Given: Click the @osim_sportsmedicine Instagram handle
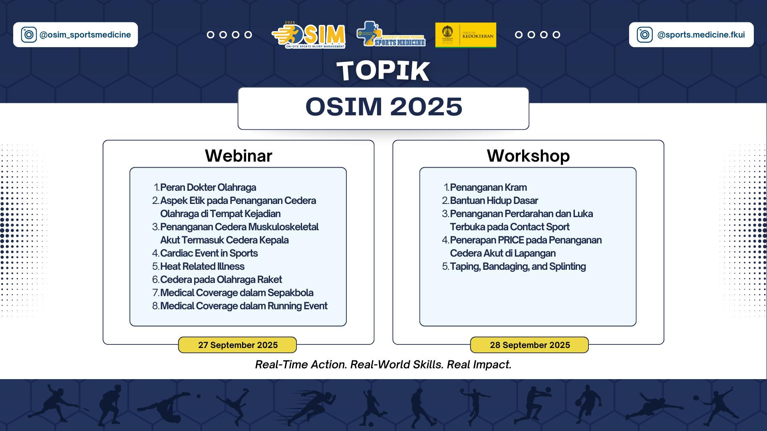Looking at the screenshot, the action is pos(85,35).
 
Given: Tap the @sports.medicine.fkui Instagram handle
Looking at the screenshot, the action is pos(701,35).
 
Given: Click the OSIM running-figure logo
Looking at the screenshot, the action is pos(308,35).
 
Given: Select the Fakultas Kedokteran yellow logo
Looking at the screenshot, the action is pos(466,35).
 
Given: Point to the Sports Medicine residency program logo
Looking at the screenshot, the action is pos(391,34).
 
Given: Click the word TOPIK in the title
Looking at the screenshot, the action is pos(383,71).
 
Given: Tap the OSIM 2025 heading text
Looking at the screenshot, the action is pos(383,107).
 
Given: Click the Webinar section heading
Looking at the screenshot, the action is pos(238,156).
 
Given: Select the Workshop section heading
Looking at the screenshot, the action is pos(528,156).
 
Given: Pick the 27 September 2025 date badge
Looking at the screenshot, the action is pos(238,345).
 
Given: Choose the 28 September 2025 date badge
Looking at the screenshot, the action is pos(529,345).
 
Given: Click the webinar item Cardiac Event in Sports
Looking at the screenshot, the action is pos(209,253).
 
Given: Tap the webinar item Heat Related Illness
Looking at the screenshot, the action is pos(202,266).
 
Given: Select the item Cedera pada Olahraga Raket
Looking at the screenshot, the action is pos(221,279).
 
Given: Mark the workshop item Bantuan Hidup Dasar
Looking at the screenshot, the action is pos(494,200).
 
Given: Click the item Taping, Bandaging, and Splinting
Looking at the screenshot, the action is pos(518,266).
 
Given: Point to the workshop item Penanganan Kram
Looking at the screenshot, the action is pos(488,187).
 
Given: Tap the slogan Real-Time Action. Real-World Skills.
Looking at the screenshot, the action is pos(350,364).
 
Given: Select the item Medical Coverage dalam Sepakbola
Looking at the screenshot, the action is pos(237,293).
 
